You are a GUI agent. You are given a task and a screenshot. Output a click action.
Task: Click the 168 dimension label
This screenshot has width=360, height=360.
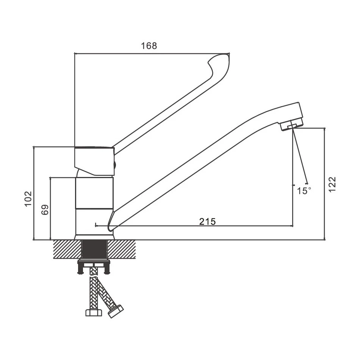(x=149, y=46)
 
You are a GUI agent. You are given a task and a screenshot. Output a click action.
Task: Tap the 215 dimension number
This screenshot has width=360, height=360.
(x=208, y=222)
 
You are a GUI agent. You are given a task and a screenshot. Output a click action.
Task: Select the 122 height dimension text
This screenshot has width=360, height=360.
(x=332, y=184)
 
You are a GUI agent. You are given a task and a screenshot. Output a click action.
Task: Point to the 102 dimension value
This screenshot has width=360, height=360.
(x=28, y=199)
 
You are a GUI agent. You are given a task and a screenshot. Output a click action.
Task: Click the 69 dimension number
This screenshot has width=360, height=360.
(x=45, y=210)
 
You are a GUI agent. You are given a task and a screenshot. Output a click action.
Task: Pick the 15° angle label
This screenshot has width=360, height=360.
(x=304, y=191)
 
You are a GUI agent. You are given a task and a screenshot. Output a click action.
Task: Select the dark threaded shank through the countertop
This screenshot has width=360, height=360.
(x=94, y=250)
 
